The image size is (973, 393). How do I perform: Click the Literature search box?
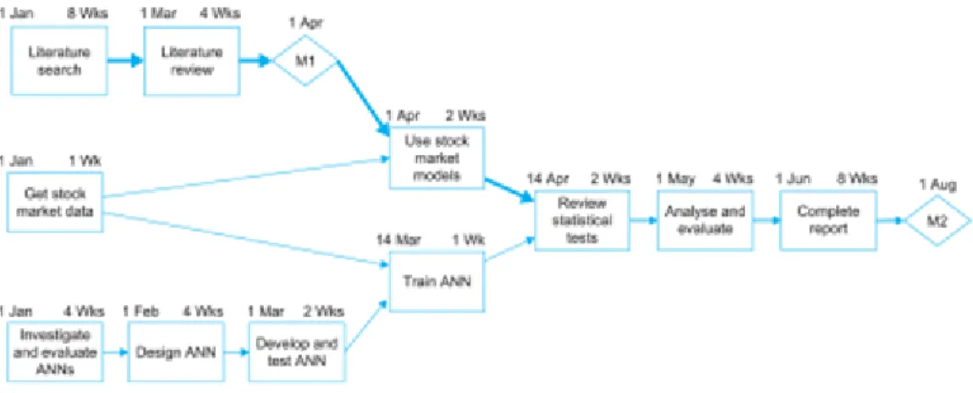(x=59, y=61)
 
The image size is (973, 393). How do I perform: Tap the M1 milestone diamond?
(x=306, y=61)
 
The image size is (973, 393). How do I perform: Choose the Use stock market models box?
(x=437, y=158)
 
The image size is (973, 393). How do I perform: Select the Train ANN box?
(x=437, y=281)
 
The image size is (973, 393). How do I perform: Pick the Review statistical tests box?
(x=583, y=219)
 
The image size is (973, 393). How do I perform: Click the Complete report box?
(x=828, y=219)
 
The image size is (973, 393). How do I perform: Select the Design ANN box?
(x=177, y=351)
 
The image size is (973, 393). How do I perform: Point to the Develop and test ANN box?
(x=297, y=351)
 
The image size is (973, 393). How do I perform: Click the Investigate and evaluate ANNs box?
(x=55, y=351)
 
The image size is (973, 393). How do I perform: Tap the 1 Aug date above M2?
(x=935, y=185)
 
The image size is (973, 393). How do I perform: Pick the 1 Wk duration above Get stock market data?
(x=85, y=162)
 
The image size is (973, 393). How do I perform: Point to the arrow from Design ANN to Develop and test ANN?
(x=237, y=351)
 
